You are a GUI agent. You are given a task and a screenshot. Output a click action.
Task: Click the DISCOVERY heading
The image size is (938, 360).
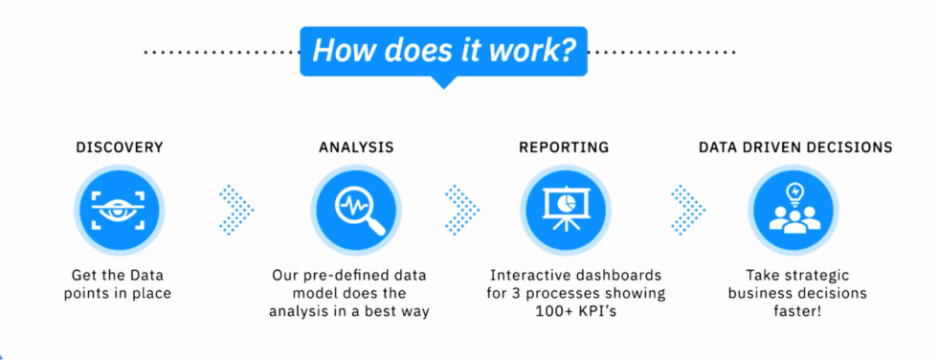120,147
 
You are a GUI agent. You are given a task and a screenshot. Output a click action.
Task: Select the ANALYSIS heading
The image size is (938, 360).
356,147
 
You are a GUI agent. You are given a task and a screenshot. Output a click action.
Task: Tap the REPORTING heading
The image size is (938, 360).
564,147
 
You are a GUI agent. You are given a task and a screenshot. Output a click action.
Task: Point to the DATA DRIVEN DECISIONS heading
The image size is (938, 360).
795,147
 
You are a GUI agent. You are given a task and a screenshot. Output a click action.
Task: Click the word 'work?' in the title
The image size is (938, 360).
528,50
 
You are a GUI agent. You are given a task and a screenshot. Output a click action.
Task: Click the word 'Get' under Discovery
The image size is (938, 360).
85,274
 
